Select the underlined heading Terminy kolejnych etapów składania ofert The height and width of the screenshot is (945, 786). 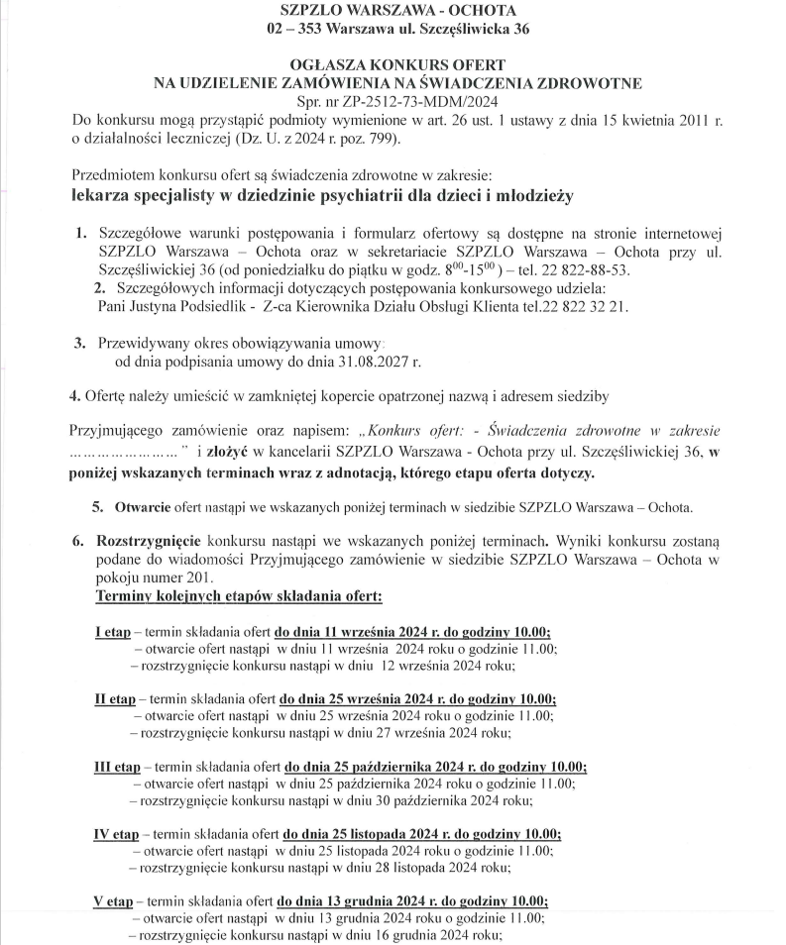click(x=238, y=598)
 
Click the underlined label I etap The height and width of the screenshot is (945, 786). click(x=112, y=632)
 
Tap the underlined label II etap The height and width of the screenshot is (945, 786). click(x=115, y=697)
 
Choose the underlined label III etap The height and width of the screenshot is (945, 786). click(x=117, y=766)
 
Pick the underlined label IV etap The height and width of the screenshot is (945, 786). click(x=116, y=833)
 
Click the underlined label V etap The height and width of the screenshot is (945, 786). click(x=113, y=901)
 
